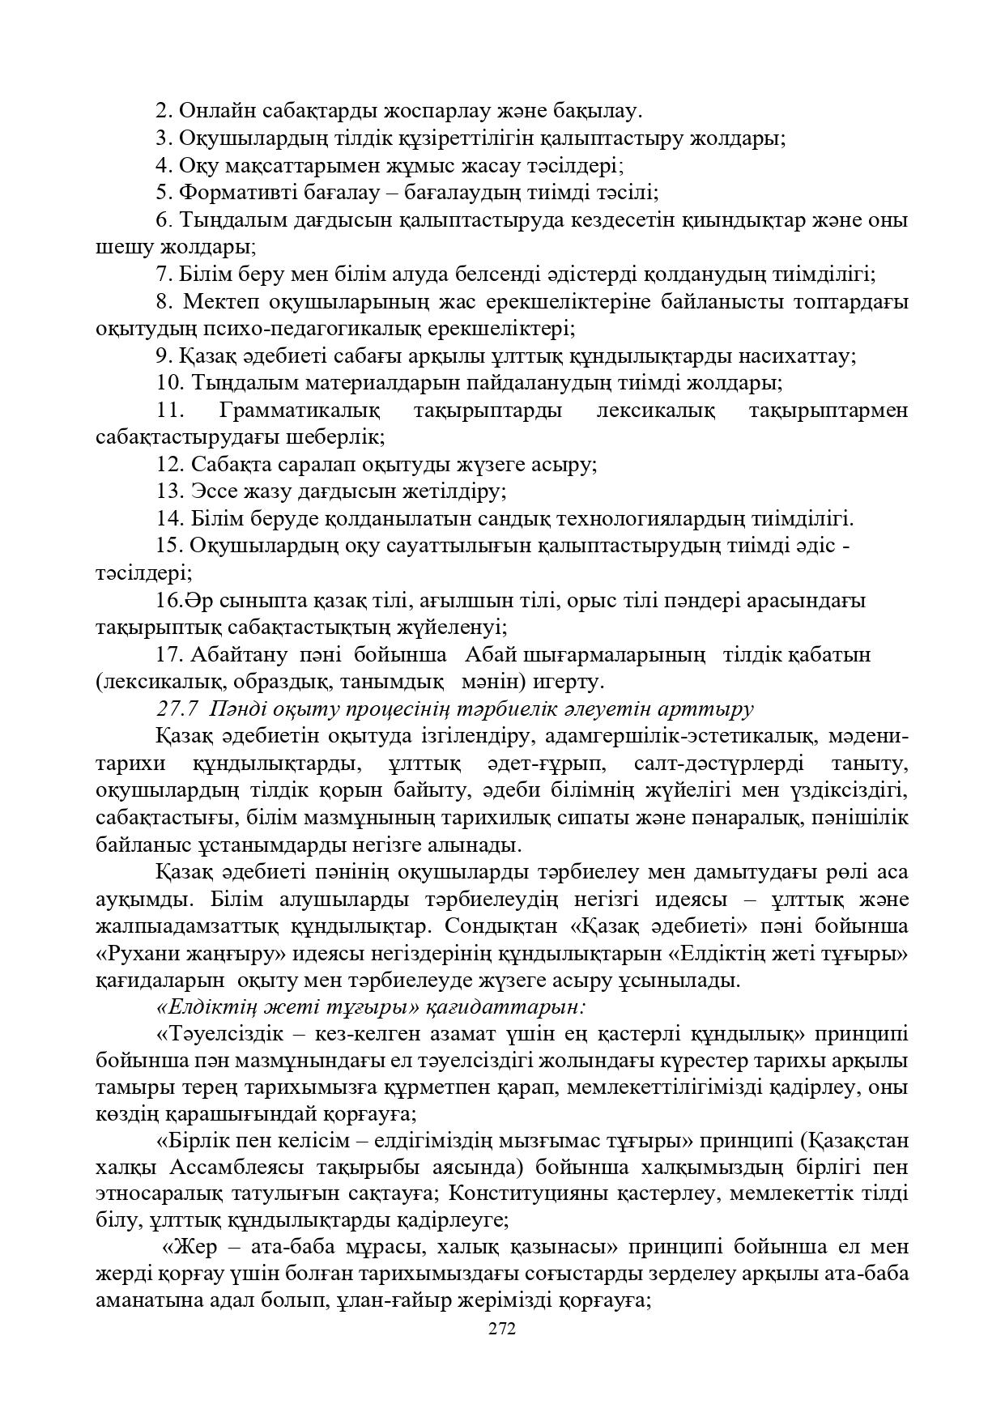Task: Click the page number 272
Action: pyautogui.click(x=502, y=1328)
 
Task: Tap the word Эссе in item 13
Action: pyautogui.click(x=212, y=491)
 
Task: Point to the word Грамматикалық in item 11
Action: pyautogui.click(x=299, y=411)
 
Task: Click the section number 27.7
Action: pyautogui.click(x=177, y=708)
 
